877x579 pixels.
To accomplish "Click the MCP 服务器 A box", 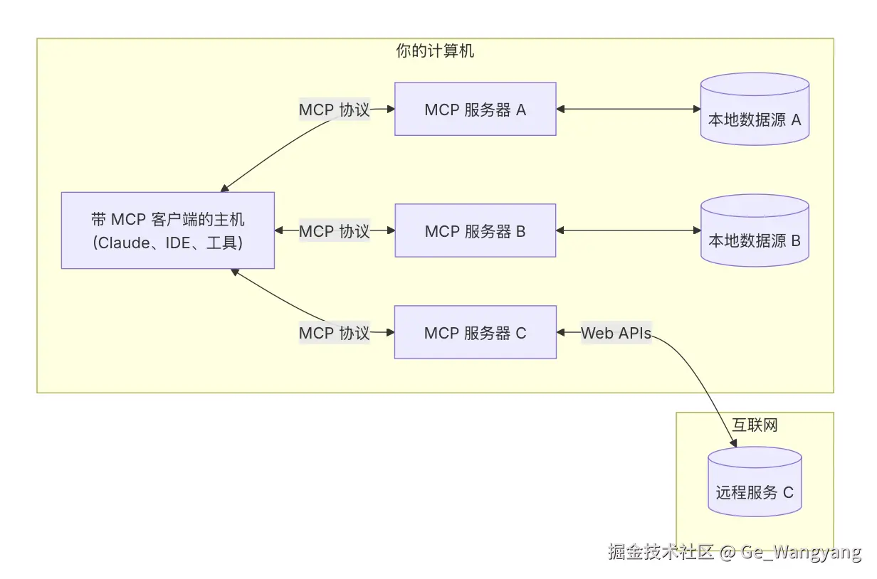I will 475,110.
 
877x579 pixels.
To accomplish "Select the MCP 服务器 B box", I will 475,231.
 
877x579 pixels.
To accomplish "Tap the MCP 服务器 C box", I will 475,333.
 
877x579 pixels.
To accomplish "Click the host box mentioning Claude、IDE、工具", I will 168,230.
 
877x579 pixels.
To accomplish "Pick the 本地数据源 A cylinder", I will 755,114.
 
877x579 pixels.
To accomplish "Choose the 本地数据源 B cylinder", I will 755,235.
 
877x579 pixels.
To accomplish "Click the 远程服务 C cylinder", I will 755,487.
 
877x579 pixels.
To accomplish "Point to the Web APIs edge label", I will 616,333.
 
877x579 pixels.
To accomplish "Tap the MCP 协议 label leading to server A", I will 334,110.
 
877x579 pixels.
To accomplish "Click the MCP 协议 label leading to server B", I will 334,231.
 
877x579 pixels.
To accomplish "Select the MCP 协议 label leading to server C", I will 334,333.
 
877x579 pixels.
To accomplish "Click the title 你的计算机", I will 435,51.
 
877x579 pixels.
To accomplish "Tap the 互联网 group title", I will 755,425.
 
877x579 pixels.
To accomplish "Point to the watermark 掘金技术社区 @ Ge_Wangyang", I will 734,553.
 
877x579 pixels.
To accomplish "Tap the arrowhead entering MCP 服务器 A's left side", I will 390,110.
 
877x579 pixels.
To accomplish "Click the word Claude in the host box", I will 121,243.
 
